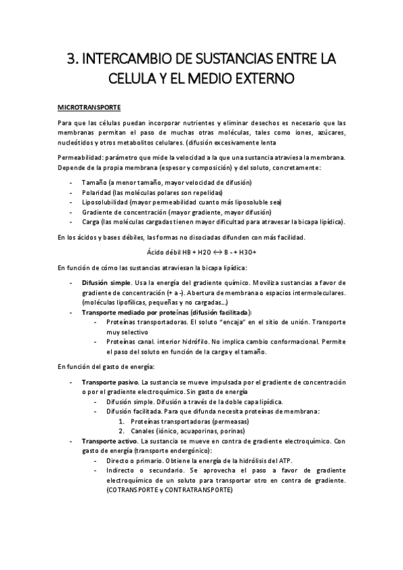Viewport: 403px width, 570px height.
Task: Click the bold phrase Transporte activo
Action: [x=110, y=441]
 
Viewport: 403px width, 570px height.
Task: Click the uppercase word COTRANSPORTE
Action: [x=132, y=490]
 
